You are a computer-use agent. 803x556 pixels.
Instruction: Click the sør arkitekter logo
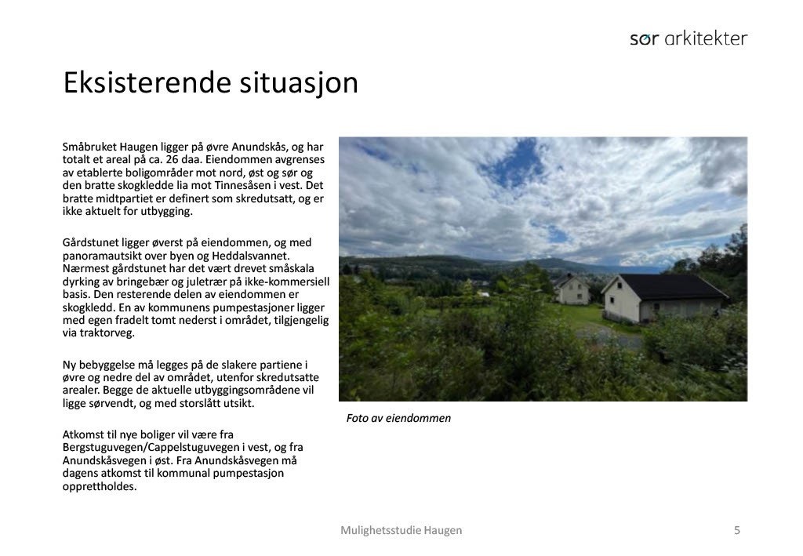click(689, 38)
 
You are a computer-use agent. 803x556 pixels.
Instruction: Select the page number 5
click(736, 530)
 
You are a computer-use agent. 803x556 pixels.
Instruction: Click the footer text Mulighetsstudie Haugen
click(401, 530)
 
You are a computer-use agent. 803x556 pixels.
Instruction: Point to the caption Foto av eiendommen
click(398, 418)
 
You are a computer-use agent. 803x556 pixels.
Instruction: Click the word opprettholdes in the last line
click(100, 486)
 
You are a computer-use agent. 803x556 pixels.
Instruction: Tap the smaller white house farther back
click(571, 290)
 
